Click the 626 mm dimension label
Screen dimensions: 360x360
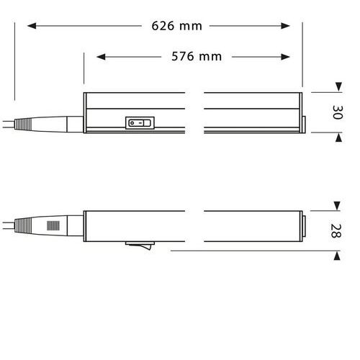(176, 26)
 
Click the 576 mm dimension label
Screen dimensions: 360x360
(197, 57)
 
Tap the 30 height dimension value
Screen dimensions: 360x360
(338, 112)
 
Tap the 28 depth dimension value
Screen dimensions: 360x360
(336, 230)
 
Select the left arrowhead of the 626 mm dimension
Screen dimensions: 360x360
(32, 26)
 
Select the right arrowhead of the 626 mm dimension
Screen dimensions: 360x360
(285, 26)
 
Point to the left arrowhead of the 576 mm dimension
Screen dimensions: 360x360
(101, 57)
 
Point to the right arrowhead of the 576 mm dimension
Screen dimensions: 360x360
(285, 57)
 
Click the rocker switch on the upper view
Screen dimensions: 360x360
(140, 123)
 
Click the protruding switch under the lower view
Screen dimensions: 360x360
(140, 246)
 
